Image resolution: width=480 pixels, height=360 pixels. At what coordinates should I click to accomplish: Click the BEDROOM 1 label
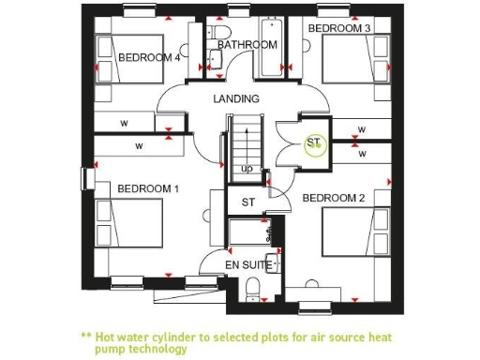[147, 188]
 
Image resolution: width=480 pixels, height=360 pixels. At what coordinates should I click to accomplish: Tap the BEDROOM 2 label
[333, 198]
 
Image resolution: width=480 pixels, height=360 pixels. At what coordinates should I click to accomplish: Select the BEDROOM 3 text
[339, 29]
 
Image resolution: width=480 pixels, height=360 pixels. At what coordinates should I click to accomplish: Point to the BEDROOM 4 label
[149, 57]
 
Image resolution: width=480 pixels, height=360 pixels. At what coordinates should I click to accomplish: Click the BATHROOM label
[247, 45]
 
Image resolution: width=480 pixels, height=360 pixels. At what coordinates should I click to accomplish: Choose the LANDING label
[236, 98]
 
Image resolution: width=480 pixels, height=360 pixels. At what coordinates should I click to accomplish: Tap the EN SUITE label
[248, 265]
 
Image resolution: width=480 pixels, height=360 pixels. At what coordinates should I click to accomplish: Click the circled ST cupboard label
[314, 143]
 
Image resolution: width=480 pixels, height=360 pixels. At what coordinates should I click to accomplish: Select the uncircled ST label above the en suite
[248, 202]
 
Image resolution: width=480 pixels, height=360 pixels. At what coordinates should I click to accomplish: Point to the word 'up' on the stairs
[247, 169]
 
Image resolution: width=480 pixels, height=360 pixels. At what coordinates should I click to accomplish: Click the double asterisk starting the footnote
[85, 336]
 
